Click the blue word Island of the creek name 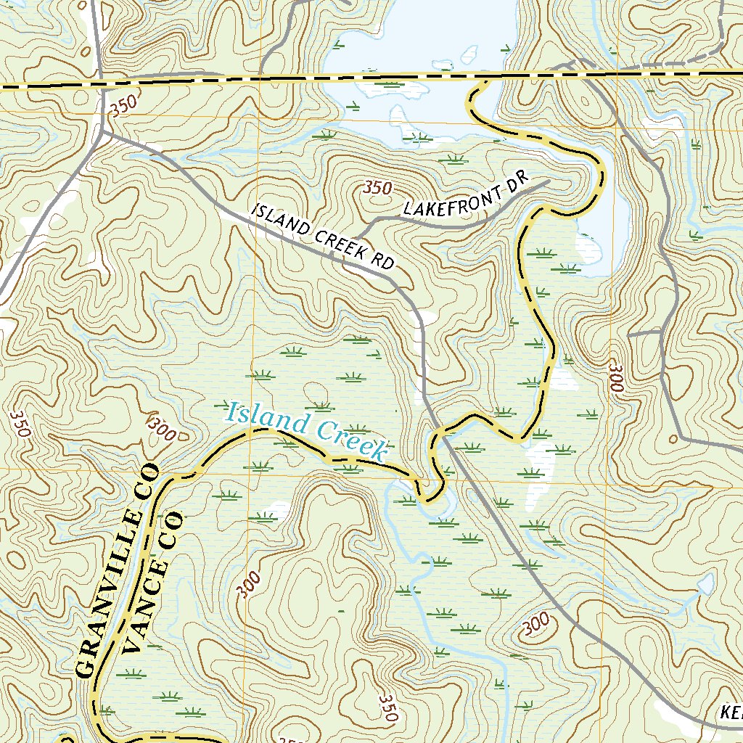pyautogui.click(x=260, y=417)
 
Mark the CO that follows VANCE pyautogui.click(x=171, y=528)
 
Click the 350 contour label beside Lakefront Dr pyautogui.click(x=377, y=188)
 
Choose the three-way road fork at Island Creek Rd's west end pyautogui.click(x=106, y=133)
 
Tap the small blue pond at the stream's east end pyautogui.click(x=705, y=583)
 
